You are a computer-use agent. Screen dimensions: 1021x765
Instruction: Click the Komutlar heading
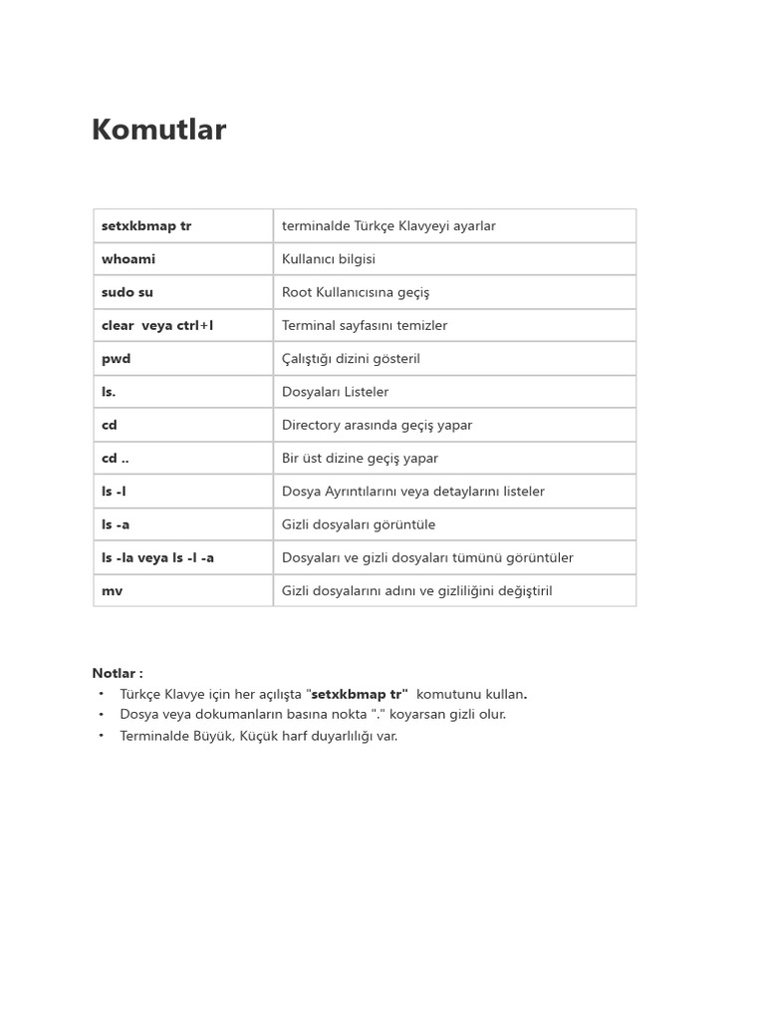[x=159, y=131]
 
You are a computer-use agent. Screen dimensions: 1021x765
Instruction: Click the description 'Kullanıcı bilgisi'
[x=329, y=259]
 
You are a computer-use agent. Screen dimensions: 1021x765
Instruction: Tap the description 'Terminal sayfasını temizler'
[x=365, y=326]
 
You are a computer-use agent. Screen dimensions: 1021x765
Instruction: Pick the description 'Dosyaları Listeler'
[x=336, y=392]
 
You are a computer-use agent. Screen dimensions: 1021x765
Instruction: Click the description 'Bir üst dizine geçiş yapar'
[x=360, y=459]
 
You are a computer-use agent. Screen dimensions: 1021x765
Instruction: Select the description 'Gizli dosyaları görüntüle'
[x=359, y=524]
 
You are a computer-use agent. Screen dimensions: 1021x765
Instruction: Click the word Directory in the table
[x=312, y=425]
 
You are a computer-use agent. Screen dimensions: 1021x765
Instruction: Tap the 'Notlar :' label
[x=118, y=674]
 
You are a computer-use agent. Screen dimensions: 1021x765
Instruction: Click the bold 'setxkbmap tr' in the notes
[x=360, y=694]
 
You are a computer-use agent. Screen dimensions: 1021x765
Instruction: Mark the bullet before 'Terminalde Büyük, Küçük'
[x=101, y=735]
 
